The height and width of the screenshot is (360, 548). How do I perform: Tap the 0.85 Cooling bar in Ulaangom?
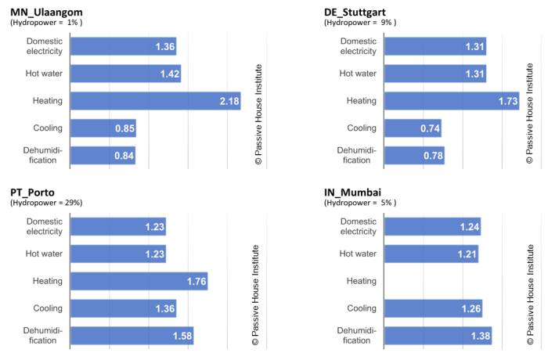click(x=103, y=128)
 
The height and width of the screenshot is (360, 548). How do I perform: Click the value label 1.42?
click(x=168, y=74)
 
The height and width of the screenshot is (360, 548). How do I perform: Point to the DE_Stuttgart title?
click(x=357, y=12)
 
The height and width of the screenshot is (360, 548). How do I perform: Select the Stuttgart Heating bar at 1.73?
click(x=452, y=101)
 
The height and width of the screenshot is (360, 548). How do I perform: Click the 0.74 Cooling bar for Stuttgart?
click(x=413, y=128)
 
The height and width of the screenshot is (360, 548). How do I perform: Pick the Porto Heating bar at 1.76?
click(x=139, y=281)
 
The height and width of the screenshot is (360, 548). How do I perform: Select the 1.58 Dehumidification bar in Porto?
click(x=132, y=336)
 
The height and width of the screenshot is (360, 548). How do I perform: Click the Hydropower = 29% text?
click(x=46, y=203)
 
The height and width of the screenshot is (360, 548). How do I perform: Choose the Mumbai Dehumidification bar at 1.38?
click(x=438, y=336)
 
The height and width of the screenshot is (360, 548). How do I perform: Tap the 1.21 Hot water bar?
click(x=431, y=254)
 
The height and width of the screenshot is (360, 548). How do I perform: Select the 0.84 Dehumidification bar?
click(x=103, y=155)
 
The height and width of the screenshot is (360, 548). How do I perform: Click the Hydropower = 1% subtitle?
click(x=47, y=23)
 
